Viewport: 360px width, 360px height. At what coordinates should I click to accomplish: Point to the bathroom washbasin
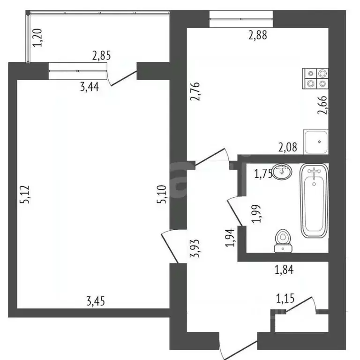pyautogui.click(x=281, y=171)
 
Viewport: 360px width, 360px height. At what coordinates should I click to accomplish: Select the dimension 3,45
pyautogui.click(x=96, y=301)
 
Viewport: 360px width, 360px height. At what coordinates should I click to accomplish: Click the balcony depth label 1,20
pyautogui.click(x=39, y=37)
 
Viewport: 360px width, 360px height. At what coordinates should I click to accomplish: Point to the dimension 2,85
pyautogui.click(x=102, y=56)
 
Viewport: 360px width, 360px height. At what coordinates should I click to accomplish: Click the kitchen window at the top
pyautogui.click(x=241, y=19)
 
